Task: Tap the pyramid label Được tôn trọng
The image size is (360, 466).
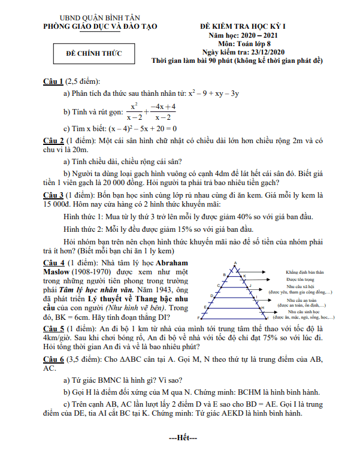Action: (x=301, y=280)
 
